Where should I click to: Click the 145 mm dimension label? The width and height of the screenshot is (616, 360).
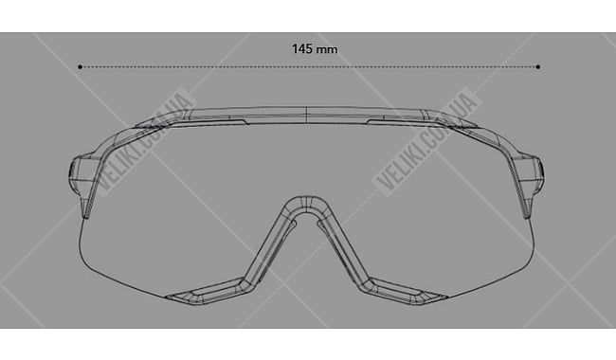point(315,49)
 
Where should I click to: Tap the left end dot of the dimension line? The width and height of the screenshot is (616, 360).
point(81,67)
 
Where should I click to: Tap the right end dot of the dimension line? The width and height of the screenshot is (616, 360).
point(538,67)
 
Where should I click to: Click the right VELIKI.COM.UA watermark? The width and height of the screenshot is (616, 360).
point(427,141)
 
